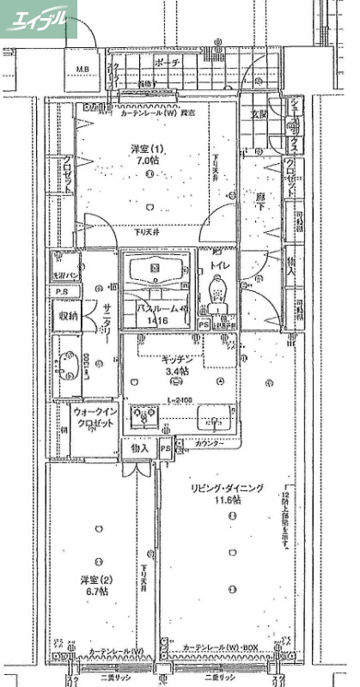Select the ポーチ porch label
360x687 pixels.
(168, 63)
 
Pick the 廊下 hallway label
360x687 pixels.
(260, 198)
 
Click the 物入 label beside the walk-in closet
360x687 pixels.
(140, 447)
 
